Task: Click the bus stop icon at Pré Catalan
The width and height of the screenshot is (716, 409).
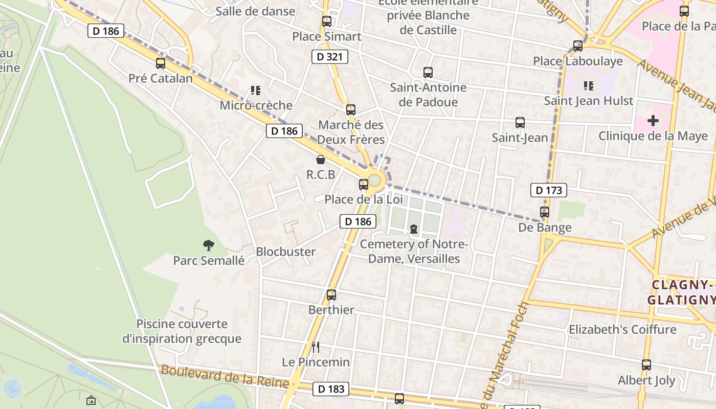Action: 161,63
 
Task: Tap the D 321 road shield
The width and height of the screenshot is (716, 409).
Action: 330,57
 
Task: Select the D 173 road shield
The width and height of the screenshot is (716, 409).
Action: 549,191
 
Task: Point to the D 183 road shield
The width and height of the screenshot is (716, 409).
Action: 331,389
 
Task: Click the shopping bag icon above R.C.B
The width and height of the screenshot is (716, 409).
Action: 321,160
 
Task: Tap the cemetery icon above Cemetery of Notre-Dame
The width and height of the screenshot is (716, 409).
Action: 414,229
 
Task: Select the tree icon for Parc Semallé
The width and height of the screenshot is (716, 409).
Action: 208,245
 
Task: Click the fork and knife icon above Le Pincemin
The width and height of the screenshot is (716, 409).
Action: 316,347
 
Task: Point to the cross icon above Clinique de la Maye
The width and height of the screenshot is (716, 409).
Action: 653,121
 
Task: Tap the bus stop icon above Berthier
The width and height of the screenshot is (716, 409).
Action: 331,295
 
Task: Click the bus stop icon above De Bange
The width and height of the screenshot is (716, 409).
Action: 545,212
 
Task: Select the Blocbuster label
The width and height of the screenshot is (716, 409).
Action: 286,252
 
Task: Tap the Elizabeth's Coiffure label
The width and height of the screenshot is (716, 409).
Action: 622,329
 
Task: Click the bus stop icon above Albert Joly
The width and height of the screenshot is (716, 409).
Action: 646,365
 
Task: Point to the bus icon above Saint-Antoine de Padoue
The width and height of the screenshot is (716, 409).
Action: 428,73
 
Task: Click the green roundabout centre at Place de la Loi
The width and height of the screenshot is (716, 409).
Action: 375,180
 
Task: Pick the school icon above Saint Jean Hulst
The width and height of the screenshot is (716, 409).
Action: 588,86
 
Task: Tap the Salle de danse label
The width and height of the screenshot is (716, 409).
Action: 255,11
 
